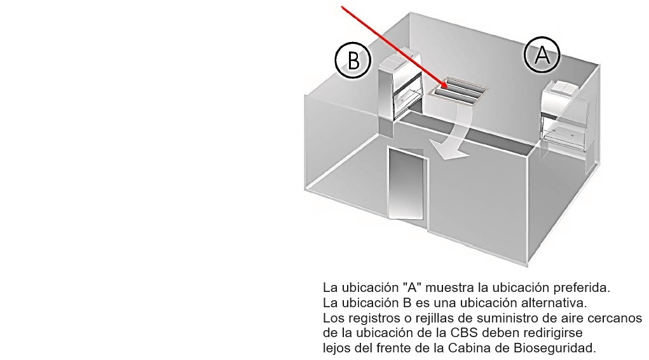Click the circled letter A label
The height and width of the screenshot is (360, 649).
click(542, 55)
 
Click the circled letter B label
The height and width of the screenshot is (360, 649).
click(352, 60)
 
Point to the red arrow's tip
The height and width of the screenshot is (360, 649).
click(448, 88)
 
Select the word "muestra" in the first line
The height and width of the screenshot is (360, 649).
click(446, 288)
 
